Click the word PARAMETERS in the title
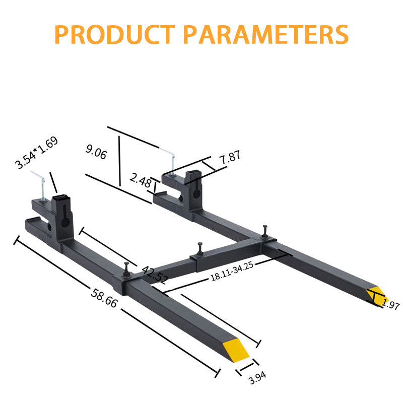coord(265,34)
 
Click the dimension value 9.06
coord(96,152)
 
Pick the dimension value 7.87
coord(230,157)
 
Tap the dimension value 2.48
coord(140,180)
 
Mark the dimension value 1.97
coord(390,304)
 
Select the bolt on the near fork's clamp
coord(126,267)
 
